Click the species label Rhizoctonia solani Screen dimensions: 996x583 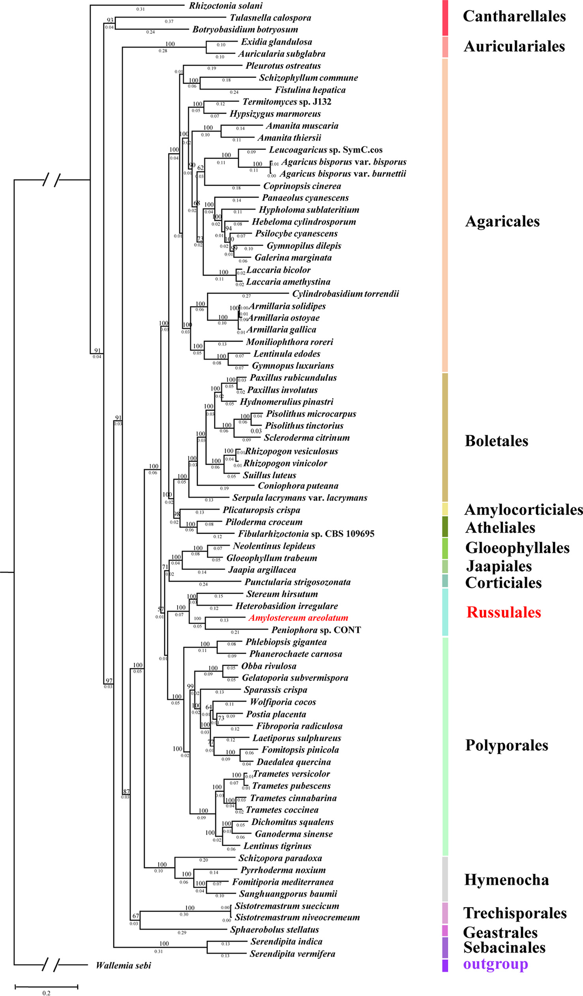coord(225,6)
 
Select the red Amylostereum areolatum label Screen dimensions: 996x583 coord(298,618)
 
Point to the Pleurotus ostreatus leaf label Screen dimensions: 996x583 coord(283,66)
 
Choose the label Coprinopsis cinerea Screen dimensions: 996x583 coord(302,186)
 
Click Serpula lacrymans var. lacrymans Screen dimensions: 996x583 coord(300,498)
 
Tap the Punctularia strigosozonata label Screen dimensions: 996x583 coord(298,582)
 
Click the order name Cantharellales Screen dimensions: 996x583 coord(514,16)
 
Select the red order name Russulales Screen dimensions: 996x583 coord(504,612)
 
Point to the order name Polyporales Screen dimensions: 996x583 coord(506,746)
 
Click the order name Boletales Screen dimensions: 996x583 coord(497,441)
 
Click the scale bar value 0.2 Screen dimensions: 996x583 coord(46,993)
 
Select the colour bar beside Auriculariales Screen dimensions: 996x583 coord(445,47)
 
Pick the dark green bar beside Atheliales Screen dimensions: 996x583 coord(445,527)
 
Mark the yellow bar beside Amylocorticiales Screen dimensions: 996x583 coord(445,509)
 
